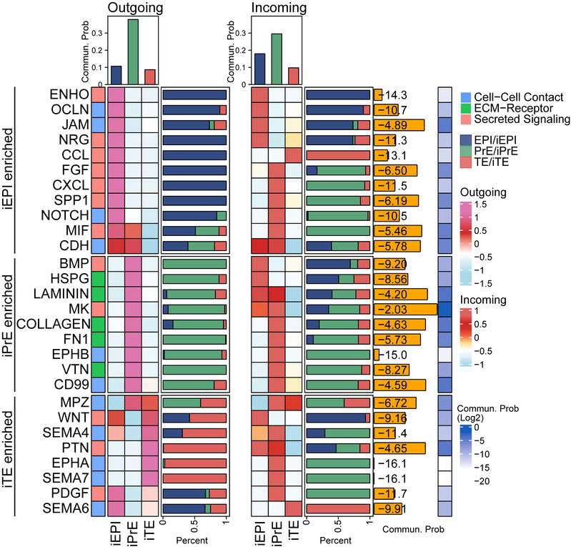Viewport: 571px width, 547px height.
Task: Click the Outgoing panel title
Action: [x=136, y=8]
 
